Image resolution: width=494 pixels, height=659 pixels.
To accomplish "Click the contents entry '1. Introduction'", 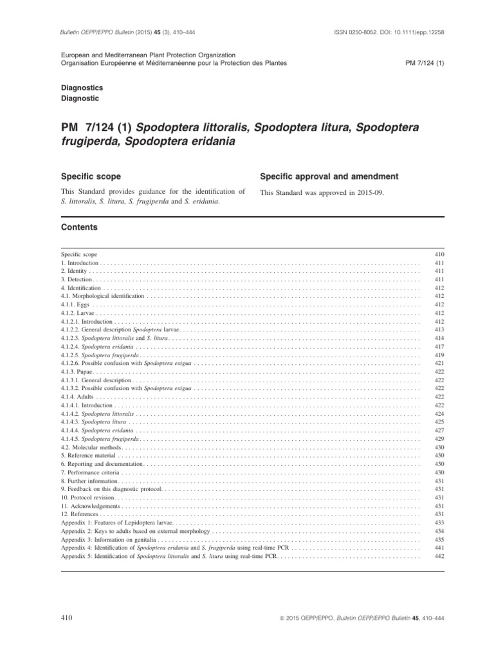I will (80, 264).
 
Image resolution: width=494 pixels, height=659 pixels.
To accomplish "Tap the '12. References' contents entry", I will (80, 514).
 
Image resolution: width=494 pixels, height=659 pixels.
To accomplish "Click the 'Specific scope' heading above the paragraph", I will (91, 176).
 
